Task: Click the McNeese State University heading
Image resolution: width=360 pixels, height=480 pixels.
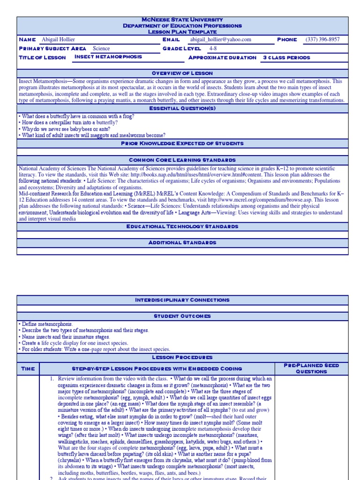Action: coord(182,20)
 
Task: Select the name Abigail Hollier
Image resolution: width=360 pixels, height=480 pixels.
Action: coord(58,40)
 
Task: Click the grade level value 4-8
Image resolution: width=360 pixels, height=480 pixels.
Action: coord(213,48)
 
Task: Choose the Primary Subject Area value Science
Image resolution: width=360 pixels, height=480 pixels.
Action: coord(101,48)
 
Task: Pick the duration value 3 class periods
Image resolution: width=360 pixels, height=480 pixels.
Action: coord(286,58)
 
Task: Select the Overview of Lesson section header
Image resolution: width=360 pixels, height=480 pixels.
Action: coord(182,74)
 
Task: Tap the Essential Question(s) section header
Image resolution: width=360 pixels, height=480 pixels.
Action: coord(182,108)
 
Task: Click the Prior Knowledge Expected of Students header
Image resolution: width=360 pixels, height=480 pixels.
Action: coord(182,143)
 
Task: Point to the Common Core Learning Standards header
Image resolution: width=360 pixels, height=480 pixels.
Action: coord(182,160)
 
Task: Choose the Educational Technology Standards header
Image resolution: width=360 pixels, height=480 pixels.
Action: coord(182,226)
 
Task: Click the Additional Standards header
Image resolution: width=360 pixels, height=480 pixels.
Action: coord(182,243)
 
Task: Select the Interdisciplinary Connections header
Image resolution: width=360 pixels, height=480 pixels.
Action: coord(182,300)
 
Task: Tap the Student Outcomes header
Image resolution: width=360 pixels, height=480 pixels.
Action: coord(182,316)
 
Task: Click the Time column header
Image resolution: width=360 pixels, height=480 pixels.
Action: coord(28,369)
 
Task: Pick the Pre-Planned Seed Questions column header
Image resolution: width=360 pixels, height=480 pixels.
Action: coord(311,368)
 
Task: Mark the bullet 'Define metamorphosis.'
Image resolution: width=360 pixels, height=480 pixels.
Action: coord(46,324)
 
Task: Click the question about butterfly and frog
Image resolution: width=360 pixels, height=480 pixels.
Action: coord(76,116)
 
